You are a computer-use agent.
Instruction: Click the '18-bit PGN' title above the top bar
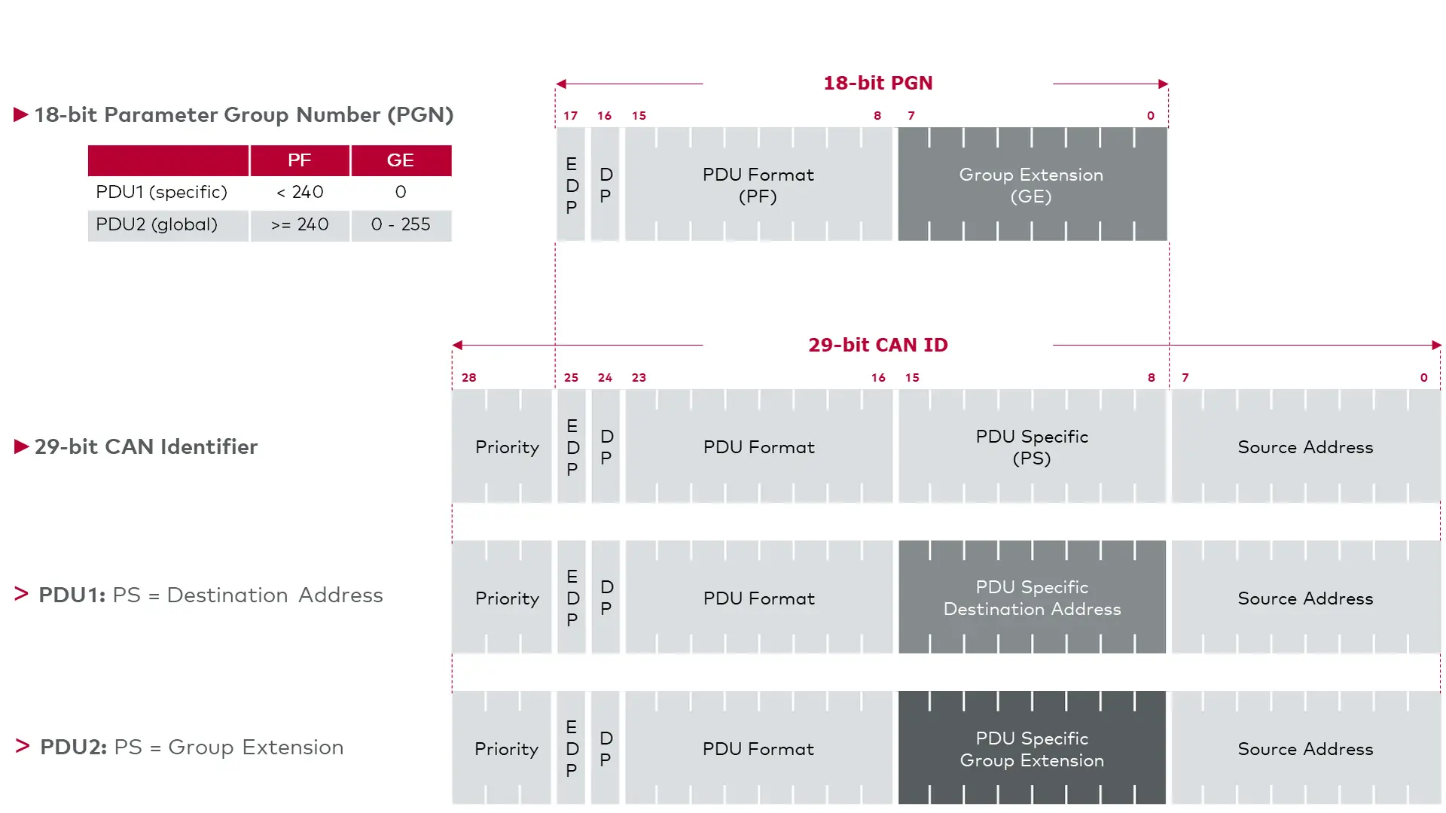[x=877, y=83]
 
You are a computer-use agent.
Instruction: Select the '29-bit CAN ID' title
[x=877, y=345]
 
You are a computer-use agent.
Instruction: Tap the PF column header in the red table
[x=300, y=160]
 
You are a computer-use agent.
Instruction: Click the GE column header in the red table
[x=401, y=160]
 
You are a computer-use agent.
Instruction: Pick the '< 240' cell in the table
[x=300, y=192]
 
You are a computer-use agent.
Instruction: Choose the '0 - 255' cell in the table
[x=401, y=224]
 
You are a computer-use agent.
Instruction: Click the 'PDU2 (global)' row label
[x=157, y=224]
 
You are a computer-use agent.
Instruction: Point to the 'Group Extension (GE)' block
[x=1032, y=184]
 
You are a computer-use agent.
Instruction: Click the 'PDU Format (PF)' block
[x=758, y=184]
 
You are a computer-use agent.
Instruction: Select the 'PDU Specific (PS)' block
[x=1032, y=446]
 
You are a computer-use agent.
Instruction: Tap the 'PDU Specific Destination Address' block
[x=1032, y=597]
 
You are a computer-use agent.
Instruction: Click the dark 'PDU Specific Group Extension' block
[x=1032, y=748]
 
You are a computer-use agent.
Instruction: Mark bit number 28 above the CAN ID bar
[x=468, y=378]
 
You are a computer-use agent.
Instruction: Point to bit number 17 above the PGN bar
[x=570, y=116]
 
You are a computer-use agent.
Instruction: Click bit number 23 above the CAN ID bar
[x=639, y=378]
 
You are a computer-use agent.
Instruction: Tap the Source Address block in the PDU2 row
[x=1306, y=748]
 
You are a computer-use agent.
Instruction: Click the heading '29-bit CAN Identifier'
[x=146, y=446]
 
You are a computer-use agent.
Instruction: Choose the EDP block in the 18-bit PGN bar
[x=571, y=184]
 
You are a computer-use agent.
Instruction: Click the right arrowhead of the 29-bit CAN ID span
[x=1437, y=346]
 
